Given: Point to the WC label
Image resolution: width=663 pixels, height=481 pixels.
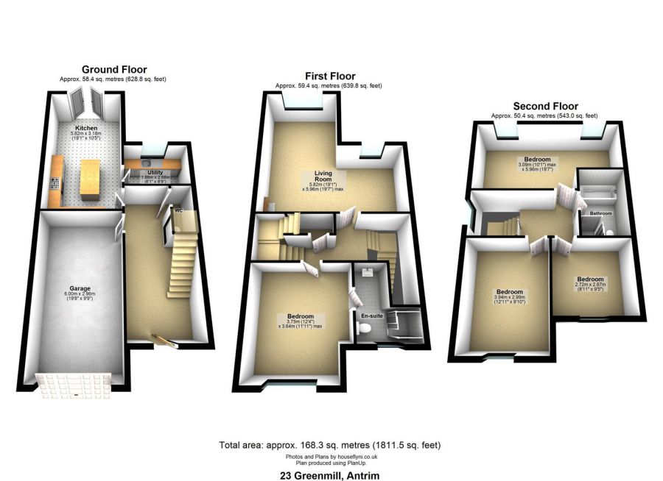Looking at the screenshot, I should coord(178,210).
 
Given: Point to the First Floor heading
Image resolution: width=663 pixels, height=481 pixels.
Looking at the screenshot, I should coord(329,76).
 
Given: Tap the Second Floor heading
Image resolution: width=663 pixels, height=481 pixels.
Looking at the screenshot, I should coord(545,106).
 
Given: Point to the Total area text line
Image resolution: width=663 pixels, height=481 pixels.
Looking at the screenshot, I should coord(330,445).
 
